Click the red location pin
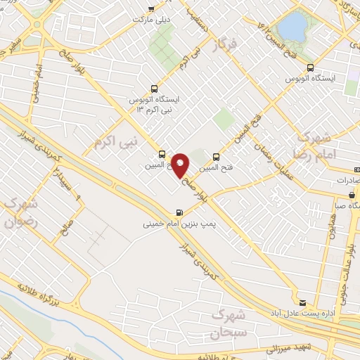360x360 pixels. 181,165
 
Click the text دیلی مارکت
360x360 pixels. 153,20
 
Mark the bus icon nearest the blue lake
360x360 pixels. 310,67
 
